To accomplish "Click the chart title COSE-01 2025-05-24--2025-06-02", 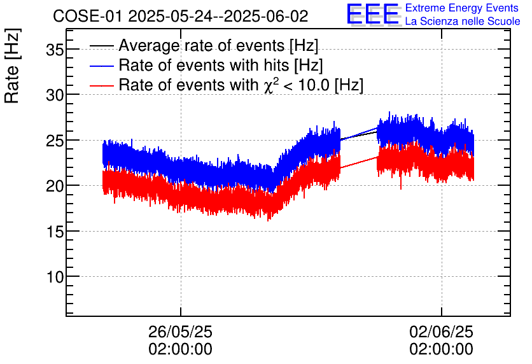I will pos(180,16).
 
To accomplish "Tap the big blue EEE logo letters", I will pos(373,15).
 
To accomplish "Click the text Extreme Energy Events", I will pos(462,8).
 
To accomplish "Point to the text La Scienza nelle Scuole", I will pos(463,22).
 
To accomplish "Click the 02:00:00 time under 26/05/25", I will pos(181,349).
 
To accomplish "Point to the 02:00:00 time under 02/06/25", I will pos(441,349).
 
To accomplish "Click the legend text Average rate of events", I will pos(218,46).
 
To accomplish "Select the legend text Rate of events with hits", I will pos(221,66).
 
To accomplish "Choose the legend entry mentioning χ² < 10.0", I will pos(241,85).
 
